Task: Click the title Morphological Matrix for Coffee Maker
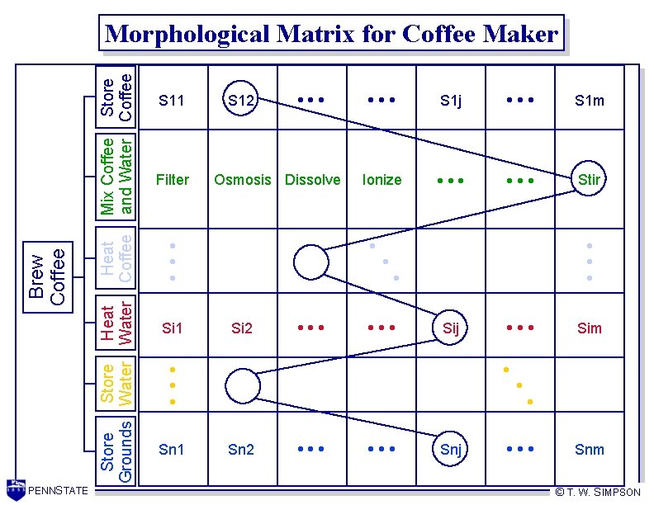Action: [x=332, y=35]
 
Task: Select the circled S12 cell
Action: [x=241, y=101]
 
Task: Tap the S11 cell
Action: [x=172, y=101]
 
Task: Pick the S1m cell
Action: [x=590, y=101]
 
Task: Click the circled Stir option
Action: [x=589, y=179]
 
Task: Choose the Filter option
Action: [x=172, y=179]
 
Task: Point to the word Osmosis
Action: [x=242, y=179]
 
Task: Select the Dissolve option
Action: [x=312, y=179]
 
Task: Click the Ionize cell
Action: [x=381, y=179]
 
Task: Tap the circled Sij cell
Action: [x=451, y=328]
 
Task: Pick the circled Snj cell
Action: [x=451, y=449]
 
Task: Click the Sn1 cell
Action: [x=172, y=449]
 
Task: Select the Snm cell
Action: [x=590, y=449]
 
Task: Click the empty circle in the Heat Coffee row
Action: [x=311, y=262]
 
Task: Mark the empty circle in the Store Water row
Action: [x=242, y=385]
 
